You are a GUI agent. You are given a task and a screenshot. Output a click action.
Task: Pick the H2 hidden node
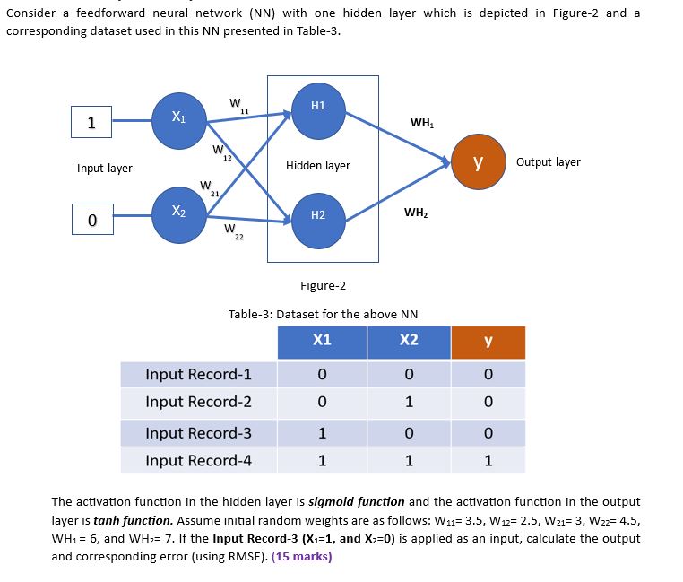[x=317, y=216]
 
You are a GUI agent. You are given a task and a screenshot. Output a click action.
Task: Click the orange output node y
[x=478, y=162]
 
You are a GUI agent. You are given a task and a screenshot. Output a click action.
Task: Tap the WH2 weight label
[x=415, y=213]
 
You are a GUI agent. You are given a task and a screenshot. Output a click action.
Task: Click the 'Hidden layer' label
[x=317, y=166]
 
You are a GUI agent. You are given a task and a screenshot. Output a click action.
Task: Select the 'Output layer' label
[x=548, y=162]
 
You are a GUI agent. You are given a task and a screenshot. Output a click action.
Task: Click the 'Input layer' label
[x=105, y=169]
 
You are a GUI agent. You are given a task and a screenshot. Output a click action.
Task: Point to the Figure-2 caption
[x=323, y=286]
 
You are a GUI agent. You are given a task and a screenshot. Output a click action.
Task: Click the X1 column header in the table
[x=322, y=341]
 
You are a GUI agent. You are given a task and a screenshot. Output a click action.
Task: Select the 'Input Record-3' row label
[x=198, y=433]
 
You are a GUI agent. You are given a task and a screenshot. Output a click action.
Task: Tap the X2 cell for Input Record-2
[x=409, y=403]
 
